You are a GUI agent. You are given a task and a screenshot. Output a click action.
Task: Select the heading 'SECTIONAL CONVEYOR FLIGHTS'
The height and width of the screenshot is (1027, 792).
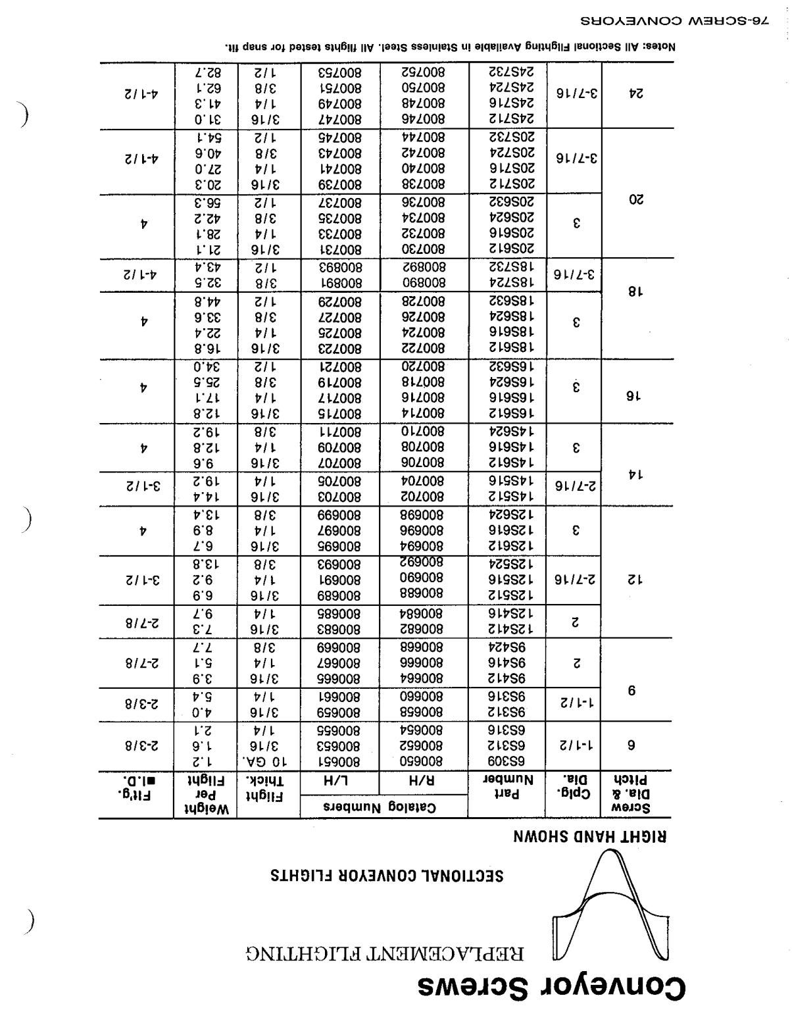(387, 876)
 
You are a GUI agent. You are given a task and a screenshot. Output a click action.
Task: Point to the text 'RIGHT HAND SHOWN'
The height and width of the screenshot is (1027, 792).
(590, 837)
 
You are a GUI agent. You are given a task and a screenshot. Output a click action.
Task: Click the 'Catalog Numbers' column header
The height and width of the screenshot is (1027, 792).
(384, 807)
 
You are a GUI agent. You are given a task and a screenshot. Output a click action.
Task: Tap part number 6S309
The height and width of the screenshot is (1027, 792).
(507, 761)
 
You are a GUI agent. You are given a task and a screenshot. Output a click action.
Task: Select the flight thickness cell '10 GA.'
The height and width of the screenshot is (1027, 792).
(268, 761)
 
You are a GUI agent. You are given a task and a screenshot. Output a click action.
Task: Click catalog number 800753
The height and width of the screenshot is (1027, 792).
(339, 71)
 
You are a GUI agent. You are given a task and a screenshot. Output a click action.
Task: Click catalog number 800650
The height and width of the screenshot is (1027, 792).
(423, 761)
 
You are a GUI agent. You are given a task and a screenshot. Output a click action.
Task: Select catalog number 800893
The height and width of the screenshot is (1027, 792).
(339, 266)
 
